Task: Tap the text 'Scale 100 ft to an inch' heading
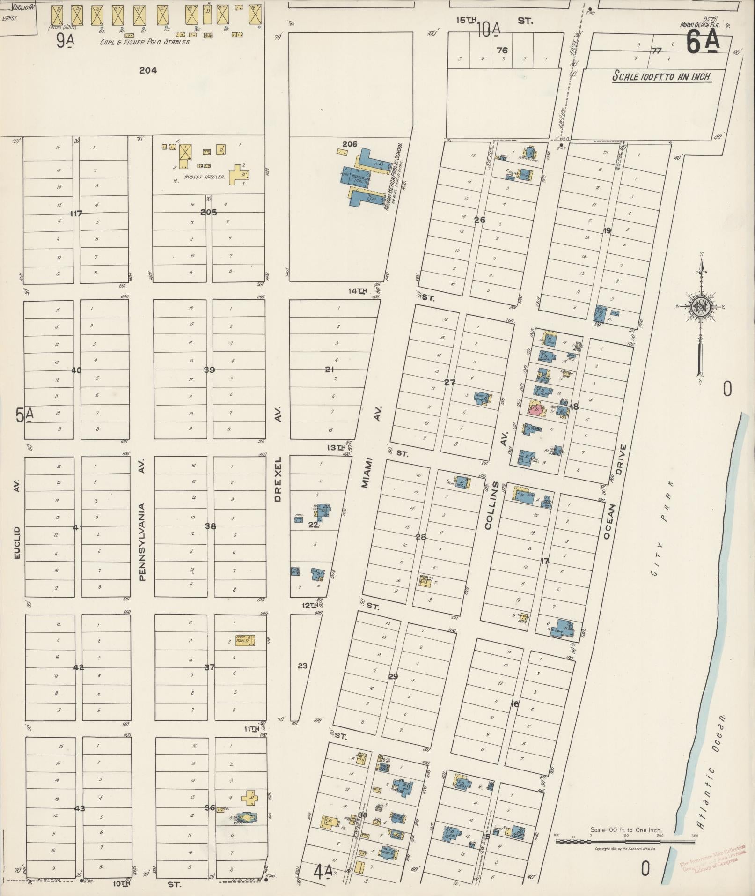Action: click(662, 76)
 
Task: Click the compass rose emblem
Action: click(701, 307)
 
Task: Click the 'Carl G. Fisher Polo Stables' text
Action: click(145, 42)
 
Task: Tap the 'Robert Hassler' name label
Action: click(205, 177)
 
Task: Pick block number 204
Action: click(148, 71)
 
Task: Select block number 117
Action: click(76, 214)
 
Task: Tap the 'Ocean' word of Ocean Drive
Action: click(608, 521)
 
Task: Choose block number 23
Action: click(302, 666)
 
